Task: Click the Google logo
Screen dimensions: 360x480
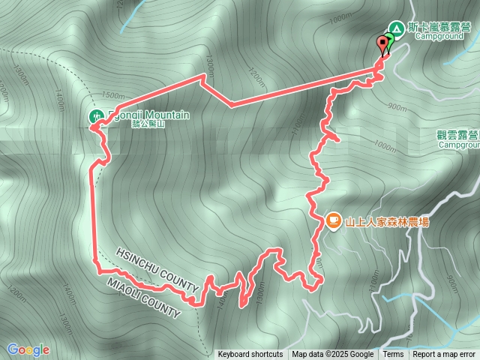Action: [x=28, y=349]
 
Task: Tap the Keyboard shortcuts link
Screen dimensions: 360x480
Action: [x=250, y=355]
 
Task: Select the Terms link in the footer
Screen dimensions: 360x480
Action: [x=393, y=355]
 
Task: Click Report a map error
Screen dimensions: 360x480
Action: [x=445, y=355]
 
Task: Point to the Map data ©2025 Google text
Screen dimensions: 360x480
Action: [x=333, y=355]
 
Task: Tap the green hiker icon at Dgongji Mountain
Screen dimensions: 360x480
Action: [x=97, y=116]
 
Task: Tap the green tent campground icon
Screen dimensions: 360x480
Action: [x=397, y=28]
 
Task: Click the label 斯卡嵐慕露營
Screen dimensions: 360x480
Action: [x=440, y=26]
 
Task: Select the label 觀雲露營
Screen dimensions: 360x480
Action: [x=458, y=135]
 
